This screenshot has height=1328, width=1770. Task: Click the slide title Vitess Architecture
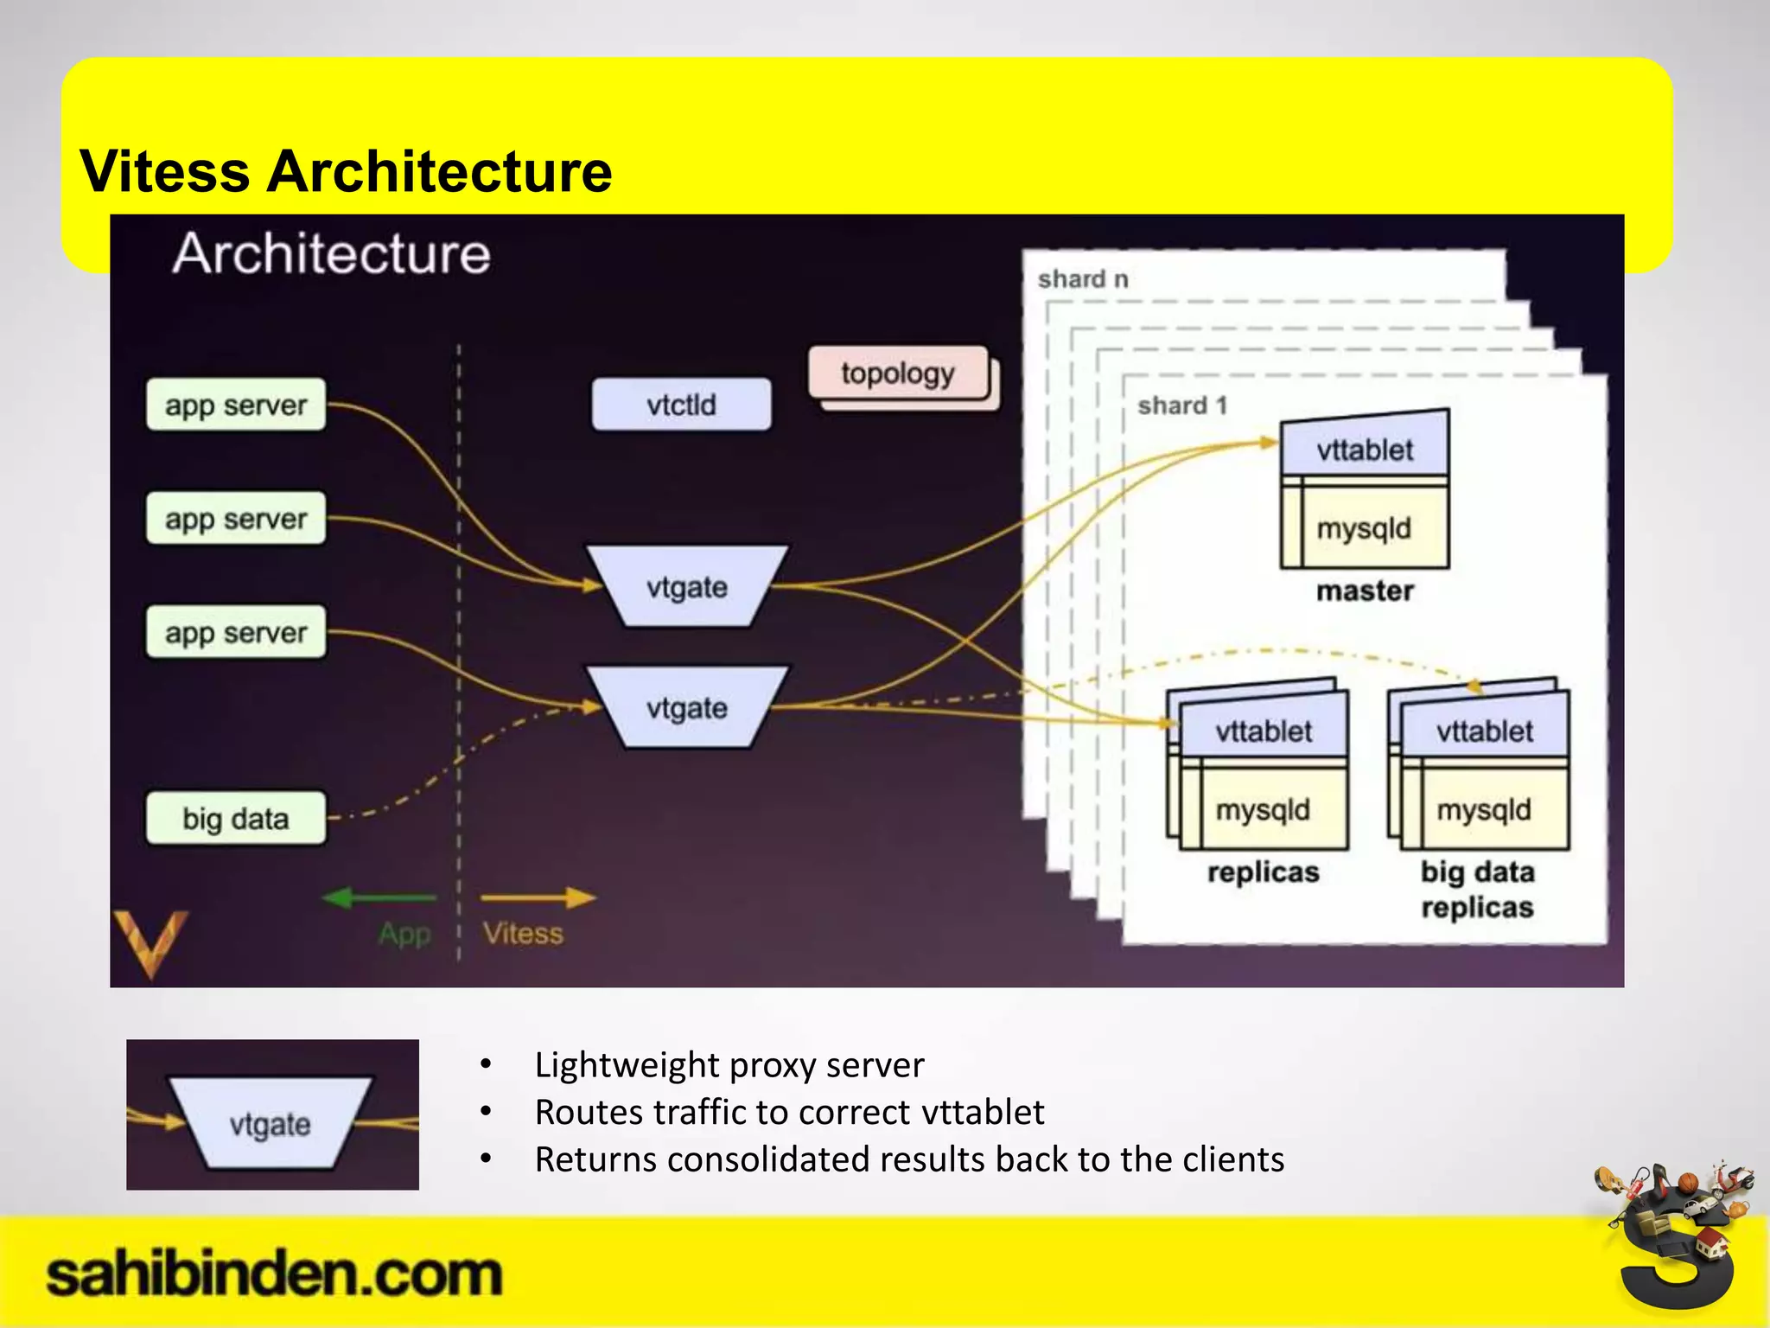tap(346, 171)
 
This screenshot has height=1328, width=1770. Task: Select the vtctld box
tap(681, 404)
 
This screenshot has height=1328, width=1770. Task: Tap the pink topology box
tap(898, 373)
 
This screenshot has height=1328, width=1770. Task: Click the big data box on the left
tap(236, 818)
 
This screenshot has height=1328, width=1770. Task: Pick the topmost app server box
tap(236, 405)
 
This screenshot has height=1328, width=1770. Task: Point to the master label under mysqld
tap(1365, 591)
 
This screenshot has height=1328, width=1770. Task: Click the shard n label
tap(1082, 279)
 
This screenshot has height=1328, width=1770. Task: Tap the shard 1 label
tap(1181, 405)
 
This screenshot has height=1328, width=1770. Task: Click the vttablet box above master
tap(1365, 450)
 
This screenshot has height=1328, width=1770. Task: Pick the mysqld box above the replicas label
tap(1263, 810)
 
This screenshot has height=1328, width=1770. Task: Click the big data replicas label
tap(1477, 889)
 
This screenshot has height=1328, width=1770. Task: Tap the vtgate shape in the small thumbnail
tap(270, 1124)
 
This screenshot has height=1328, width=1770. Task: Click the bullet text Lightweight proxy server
tap(729, 1065)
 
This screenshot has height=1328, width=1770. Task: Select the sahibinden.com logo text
tap(274, 1275)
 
